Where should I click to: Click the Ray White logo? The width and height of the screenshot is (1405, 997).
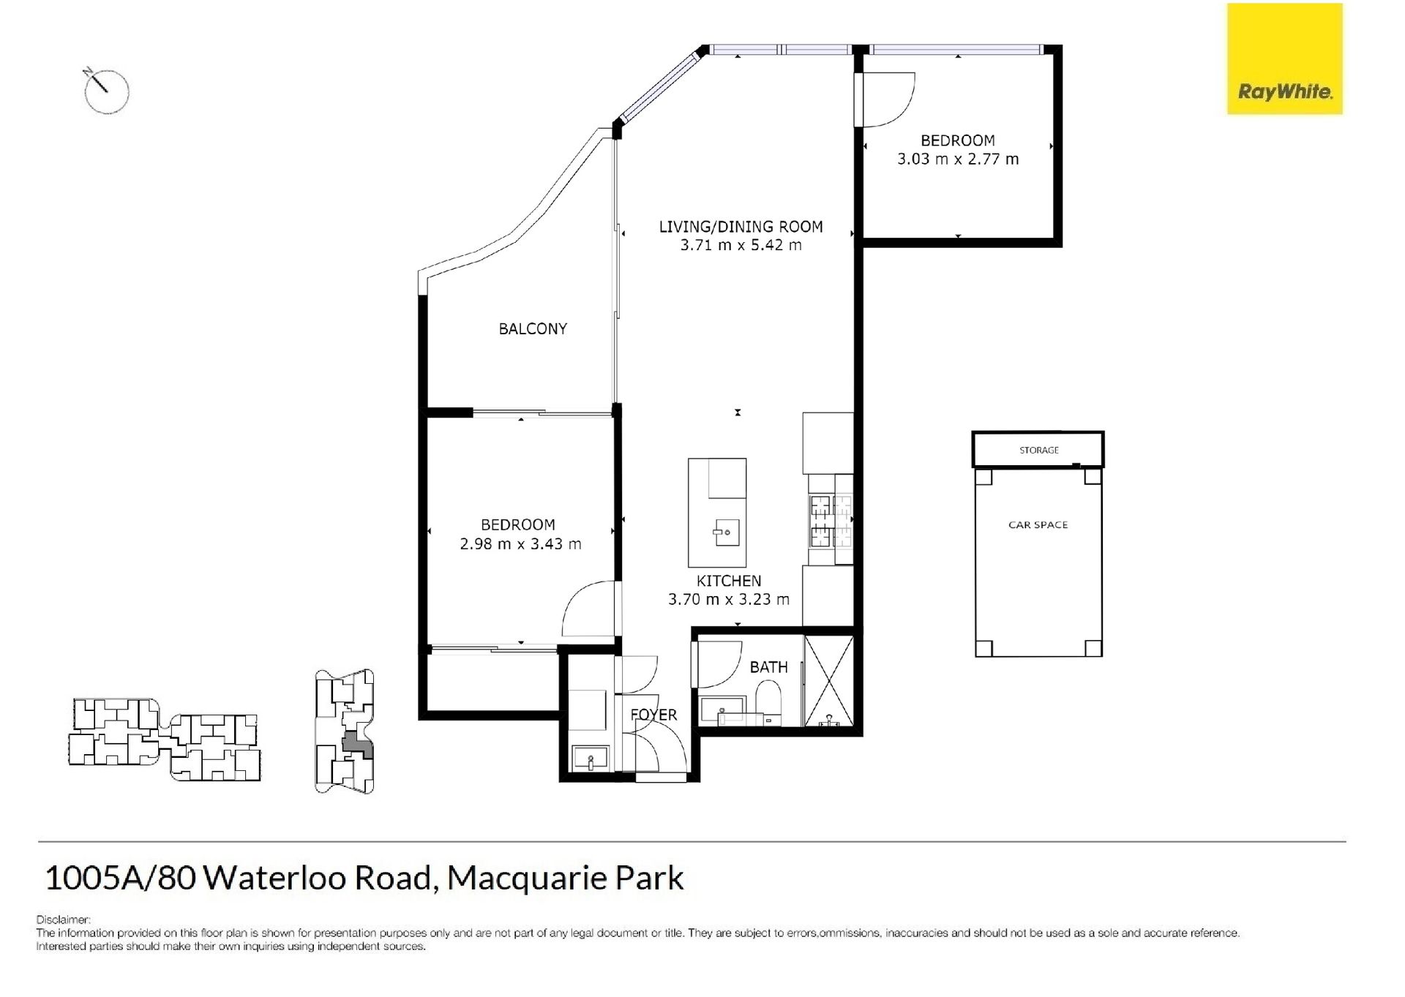tap(1284, 59)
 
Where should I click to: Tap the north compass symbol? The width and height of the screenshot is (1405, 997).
tap(107, 91)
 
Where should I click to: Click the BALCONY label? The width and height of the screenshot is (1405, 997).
tap(533, 329)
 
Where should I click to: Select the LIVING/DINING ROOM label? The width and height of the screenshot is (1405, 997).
tap(741, 227)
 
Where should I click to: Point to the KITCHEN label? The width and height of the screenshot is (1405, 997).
tap(729, 581)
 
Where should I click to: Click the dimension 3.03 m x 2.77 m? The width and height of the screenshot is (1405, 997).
tap(958, 159)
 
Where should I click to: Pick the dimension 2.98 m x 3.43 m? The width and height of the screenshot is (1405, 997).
tap(520, 544)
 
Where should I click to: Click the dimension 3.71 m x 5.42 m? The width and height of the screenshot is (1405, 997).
tap(741, 245)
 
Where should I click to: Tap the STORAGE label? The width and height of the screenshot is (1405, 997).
tap(1039, 450)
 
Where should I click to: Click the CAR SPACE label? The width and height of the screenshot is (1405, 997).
tap(1038, 524)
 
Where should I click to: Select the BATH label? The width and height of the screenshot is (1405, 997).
tap(768, 667)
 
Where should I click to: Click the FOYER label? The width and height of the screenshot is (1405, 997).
tap(653, 715)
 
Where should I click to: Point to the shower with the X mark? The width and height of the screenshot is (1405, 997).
tap(828, 681)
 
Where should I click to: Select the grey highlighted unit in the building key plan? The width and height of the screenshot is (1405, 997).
tap(357, 745)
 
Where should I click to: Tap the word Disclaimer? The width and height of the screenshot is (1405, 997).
tap(63, 919)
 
